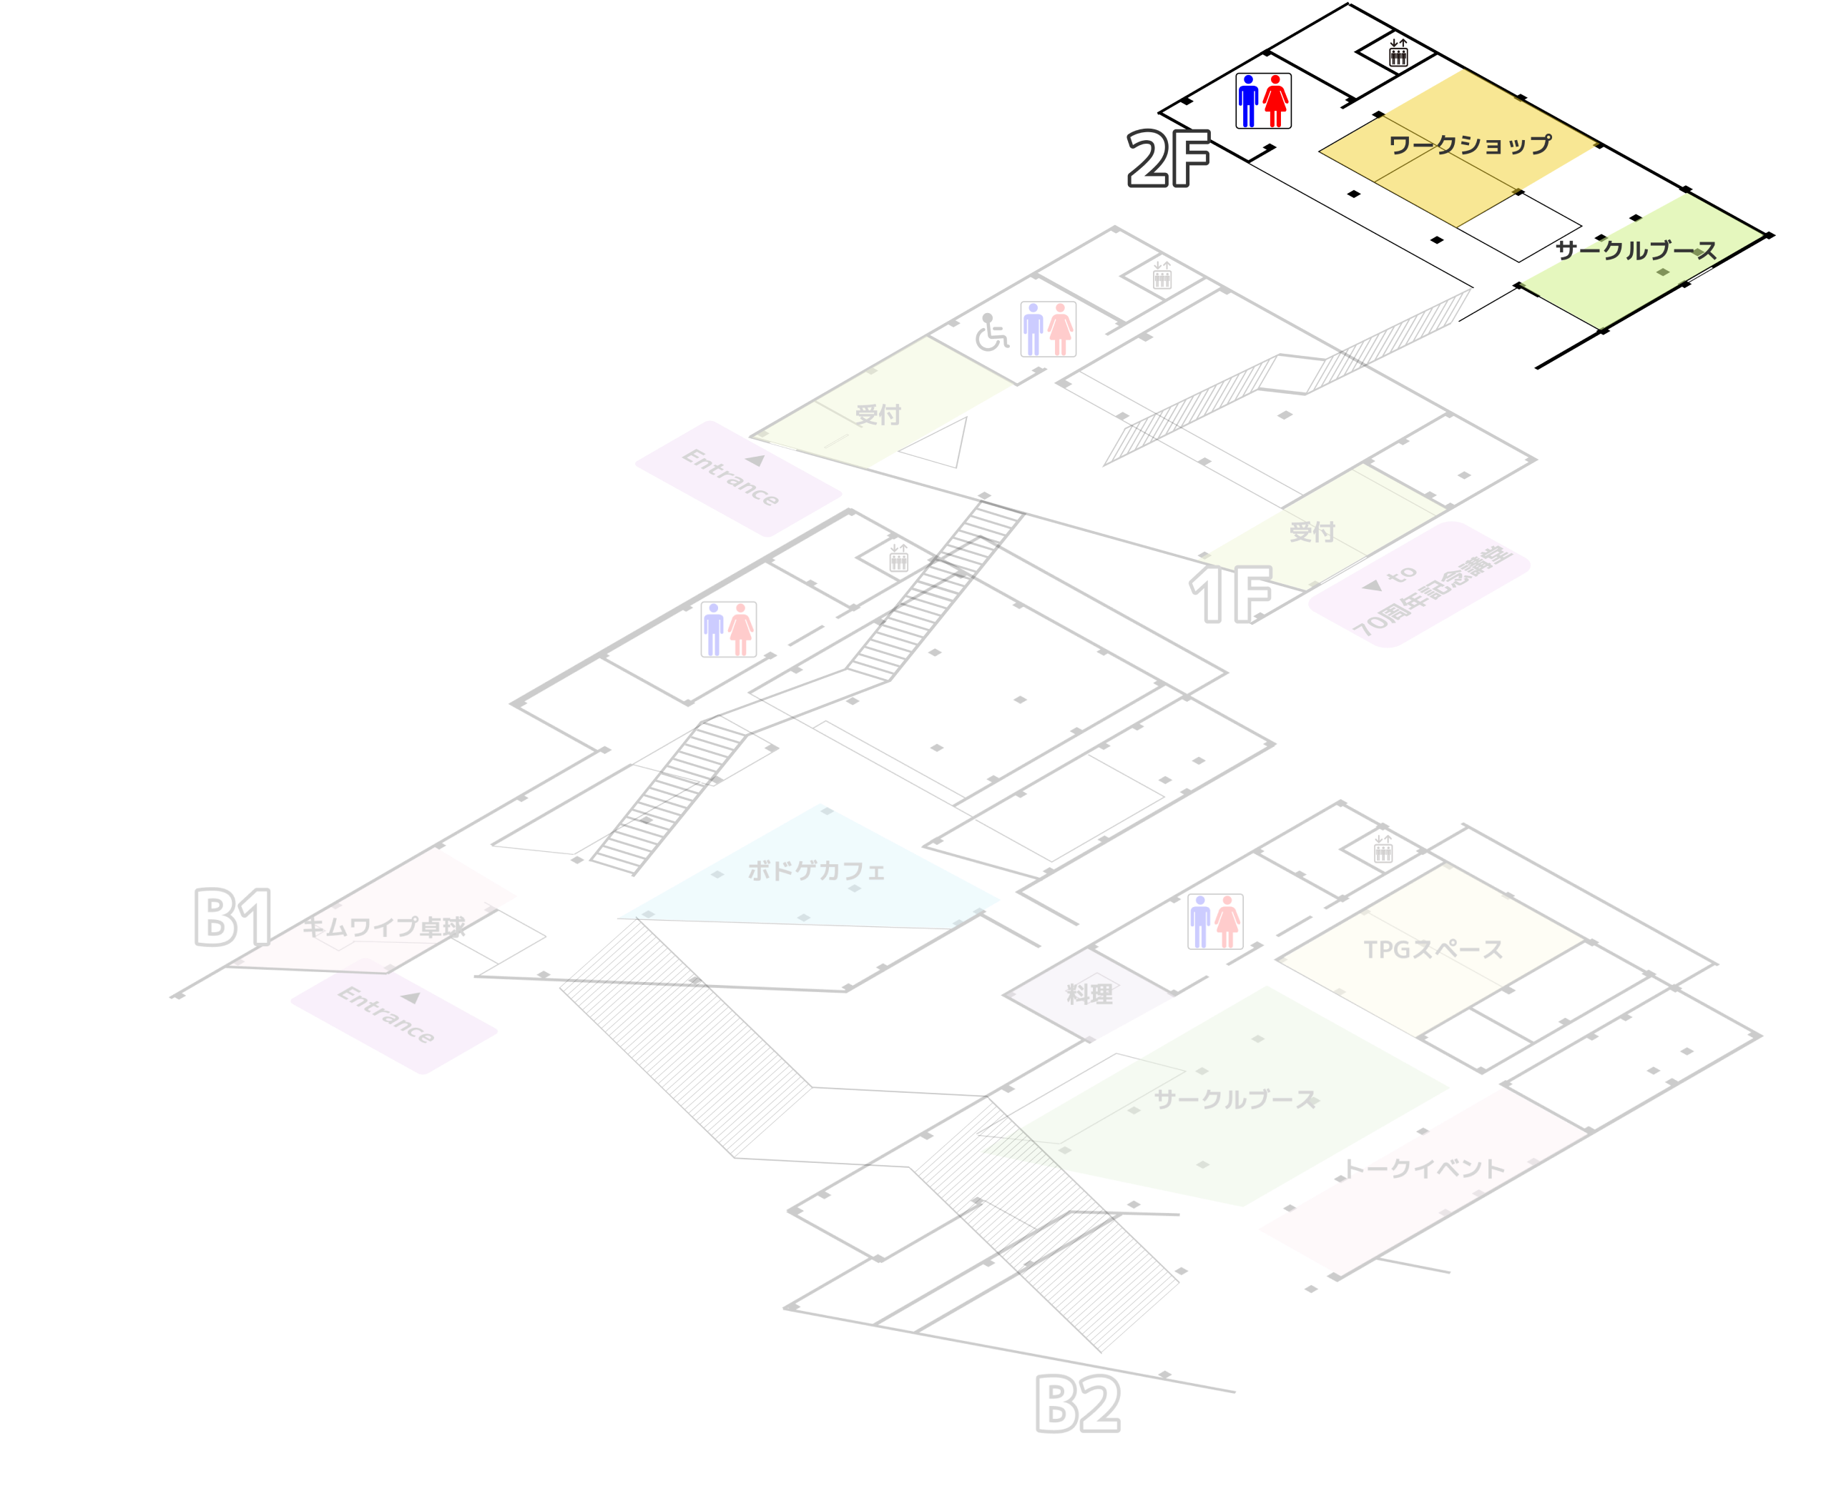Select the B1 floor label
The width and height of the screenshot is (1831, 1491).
coord(234,917)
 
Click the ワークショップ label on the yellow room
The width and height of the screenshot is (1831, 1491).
coord(1470,144)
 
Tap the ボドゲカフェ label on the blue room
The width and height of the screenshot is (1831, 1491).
coord(815,871)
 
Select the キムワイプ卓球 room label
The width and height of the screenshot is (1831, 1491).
coord(383,927)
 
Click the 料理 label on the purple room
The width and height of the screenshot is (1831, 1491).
coord(1089,994)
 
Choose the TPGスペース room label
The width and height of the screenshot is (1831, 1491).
coord(1433,949)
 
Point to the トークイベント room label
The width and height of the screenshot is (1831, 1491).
coord(1425,1168)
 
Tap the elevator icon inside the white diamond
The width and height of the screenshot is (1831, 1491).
coord(1162,275)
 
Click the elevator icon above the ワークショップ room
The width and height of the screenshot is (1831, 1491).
coord(1398,52)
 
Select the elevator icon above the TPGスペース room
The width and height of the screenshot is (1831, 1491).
coord(1383,848)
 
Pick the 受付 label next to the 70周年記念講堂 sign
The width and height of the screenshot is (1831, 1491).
coord(1312,532)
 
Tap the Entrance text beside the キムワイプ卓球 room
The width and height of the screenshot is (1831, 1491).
coord(386,1014)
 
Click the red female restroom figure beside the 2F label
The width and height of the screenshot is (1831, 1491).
coord(1275,101)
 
